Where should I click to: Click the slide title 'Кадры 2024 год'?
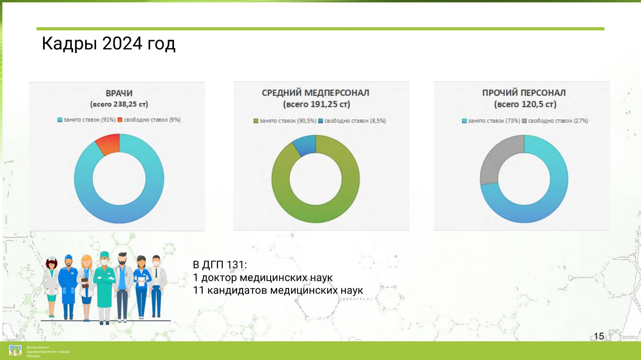pos(109,44)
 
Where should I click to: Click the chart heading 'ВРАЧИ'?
pos(119,93)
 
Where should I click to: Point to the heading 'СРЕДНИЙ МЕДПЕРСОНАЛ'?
pos(315,93)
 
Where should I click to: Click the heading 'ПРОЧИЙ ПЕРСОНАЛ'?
pos(524,93)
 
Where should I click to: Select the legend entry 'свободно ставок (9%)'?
pos(149,120)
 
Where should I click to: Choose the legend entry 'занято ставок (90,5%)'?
pos(285,121)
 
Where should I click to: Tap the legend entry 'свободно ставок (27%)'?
pos(555,121)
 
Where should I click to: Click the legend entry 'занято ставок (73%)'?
pos(491,121)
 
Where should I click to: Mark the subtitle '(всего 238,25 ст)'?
pos(119,104)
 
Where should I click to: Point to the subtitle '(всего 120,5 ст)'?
pos(525,104)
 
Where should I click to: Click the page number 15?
pos(599,336)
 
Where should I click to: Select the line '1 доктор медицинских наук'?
pos(263,278)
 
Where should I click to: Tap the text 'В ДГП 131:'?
pos(220,265)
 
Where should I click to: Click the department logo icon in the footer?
pos(15,351)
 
